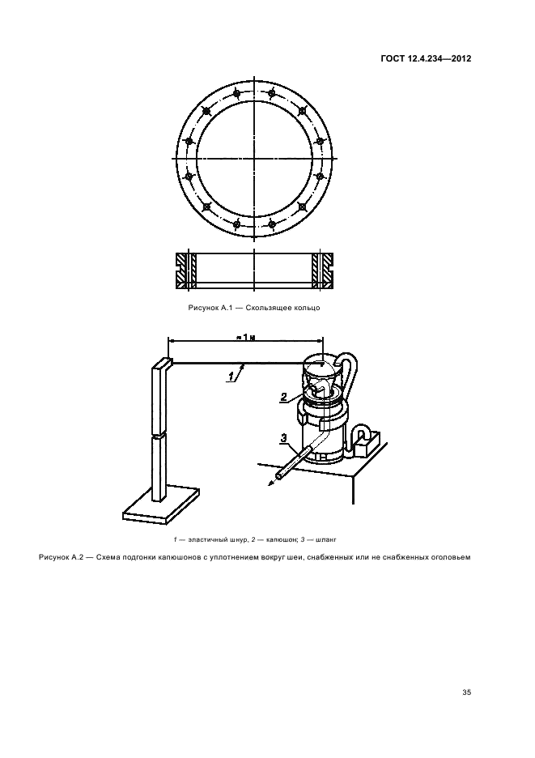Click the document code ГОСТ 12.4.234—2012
point(426,59)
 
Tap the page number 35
point(466,692)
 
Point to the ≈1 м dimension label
point(246,337)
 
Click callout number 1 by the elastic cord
point(231,376)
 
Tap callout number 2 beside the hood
point(284,397)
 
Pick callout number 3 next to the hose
point(284,438)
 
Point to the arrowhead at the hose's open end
point(270,484)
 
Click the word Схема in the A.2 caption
point(108,557)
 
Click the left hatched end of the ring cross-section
point(185,271)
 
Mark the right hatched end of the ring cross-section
point(321,271)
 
